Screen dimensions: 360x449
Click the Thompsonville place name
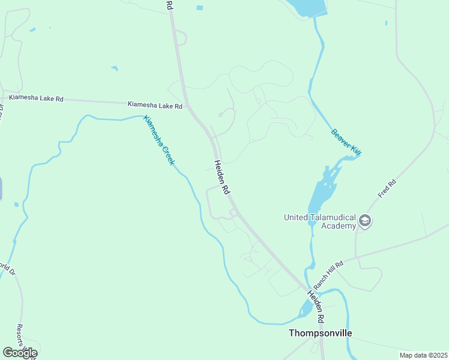[x=320, y=333]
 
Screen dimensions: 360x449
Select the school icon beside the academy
[x=364, y=221]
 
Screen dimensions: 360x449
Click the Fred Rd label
[x=388, y=188]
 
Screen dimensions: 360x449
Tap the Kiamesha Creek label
[x=159, y=140]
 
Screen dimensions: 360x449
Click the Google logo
[x=20, y=353]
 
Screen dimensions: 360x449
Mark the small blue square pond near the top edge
[x=199, y=8]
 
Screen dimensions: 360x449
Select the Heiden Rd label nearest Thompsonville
[x=316, y=306]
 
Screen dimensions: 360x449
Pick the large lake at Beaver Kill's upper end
[x=306, y=7]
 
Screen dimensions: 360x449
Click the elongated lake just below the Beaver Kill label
[x=323, y=192]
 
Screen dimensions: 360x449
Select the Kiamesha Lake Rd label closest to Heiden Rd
[x=155, y=105]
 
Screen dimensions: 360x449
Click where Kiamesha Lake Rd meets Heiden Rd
[x=188, y=107]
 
